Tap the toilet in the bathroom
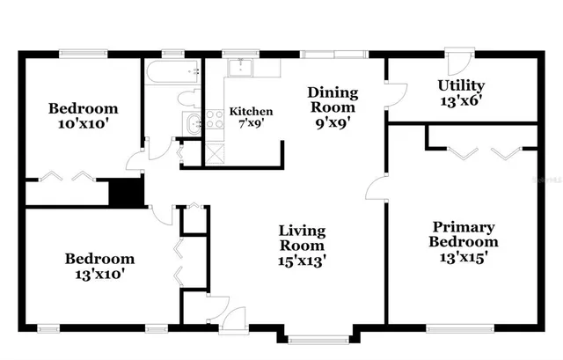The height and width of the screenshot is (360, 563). tap(187, 99)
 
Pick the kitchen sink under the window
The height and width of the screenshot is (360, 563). tap(239, 68)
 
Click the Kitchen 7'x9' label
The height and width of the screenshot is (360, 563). tap(251, 118)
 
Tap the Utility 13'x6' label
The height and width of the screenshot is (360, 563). tap(461, 92)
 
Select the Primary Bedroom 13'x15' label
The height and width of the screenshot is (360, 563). tap(463, 241)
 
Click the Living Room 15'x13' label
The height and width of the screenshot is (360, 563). tap(302, 246)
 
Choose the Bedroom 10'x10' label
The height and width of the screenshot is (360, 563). tap(83, 116)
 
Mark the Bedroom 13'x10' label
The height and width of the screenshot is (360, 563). tap(99, 266)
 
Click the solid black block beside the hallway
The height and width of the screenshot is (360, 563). tap(125, 192)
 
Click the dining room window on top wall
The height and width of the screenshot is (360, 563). tap(333, 54)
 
